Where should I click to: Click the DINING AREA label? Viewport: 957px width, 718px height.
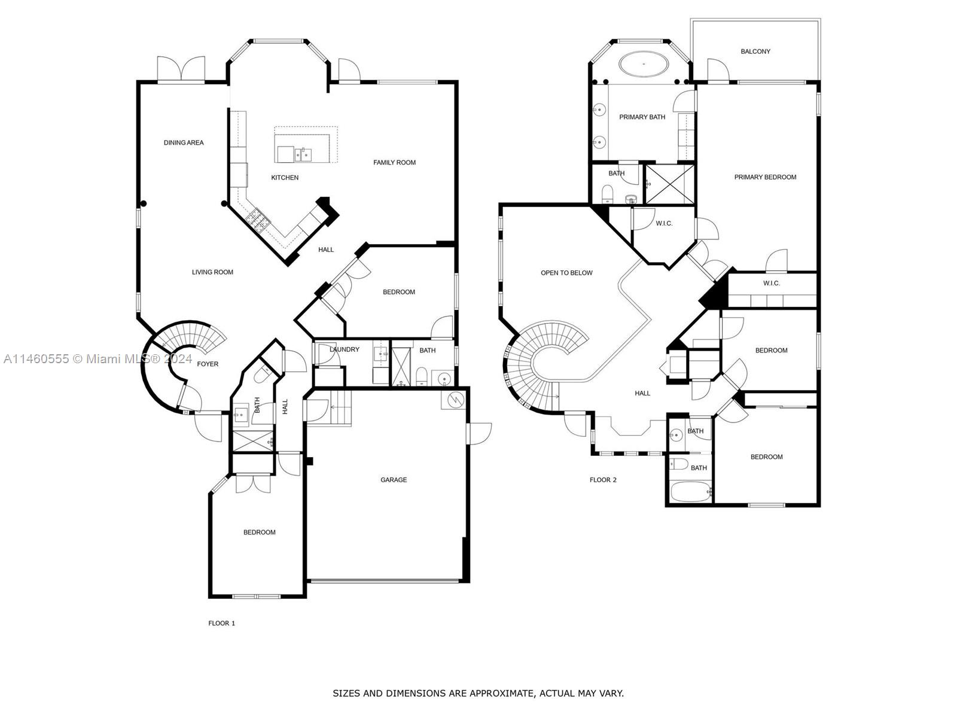[x=184, y=142]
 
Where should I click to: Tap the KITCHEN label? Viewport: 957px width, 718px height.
[x=285, y=178]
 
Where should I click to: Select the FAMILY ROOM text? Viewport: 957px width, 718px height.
[x=394, y=163]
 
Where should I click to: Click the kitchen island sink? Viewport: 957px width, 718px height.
[x=303, y=154]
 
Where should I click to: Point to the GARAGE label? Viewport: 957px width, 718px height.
[x=394, y=480]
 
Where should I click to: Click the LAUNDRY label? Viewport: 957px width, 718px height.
[x=345, y=349]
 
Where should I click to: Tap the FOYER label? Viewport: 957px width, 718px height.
[x=208, y=364]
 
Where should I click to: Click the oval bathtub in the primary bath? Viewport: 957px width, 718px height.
[x=644, y=63]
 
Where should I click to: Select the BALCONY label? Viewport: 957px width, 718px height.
[x=755, y=51]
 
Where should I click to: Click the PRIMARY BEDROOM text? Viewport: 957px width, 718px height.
[x=765, y=177]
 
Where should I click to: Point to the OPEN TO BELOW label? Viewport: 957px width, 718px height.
[x=566, y=273]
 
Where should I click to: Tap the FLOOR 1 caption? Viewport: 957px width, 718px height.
[x=221, y=623]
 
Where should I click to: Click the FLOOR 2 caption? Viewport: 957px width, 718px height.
[x=603, y=480]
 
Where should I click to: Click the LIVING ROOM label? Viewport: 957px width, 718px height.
[x=212, y=272]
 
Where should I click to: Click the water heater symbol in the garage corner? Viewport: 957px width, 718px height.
[x=453, y=398]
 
